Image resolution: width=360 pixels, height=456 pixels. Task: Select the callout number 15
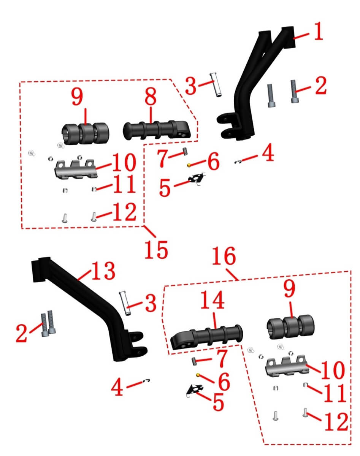tap(156, 250)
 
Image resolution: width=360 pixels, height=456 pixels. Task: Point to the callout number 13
tap(104, 271)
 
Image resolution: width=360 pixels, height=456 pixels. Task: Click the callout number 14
tap(213, 300)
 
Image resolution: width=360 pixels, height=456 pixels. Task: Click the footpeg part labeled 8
tap(157, 130)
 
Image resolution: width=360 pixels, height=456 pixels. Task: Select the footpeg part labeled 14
tap(207, 338)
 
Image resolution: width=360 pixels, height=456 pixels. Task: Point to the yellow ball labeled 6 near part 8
tap(189, 165)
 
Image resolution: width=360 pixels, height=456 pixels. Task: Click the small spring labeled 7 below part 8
tap(185, 152)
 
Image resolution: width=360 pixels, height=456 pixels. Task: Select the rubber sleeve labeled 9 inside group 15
tap(86, 134)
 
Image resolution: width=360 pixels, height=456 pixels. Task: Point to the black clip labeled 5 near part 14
tap(195, 389)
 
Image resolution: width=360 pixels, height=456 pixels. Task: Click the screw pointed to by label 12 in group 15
tap(94, 217)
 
